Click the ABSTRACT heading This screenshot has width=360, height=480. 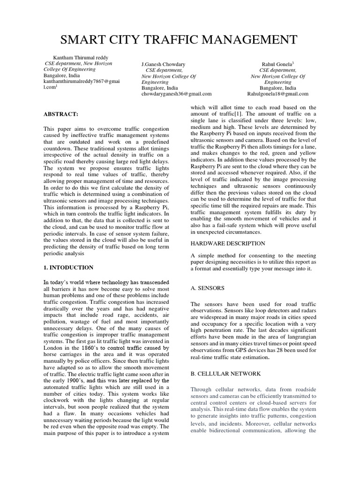60,114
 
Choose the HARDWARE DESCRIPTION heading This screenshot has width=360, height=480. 228,243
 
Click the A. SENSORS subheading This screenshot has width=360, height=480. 208,288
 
